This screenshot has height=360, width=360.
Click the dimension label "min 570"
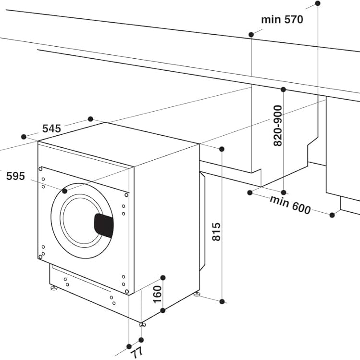282,20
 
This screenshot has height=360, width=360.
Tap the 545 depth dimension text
51,129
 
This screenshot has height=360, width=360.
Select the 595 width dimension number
15,176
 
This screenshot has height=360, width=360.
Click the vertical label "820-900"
277,126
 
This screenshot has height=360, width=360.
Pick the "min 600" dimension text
290,205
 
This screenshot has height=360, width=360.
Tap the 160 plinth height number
157,294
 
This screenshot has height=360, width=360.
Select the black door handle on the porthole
103,225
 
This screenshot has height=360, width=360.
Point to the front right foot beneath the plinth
142,324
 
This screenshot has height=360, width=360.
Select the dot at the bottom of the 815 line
222,302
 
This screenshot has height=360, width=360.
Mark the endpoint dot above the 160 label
163,278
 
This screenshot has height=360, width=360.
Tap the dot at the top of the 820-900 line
284,90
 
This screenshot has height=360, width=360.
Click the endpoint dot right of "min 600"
332,214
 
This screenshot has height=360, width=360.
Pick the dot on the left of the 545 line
23,137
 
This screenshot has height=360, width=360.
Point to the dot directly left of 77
129,346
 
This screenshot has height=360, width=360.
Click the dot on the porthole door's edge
65,191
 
